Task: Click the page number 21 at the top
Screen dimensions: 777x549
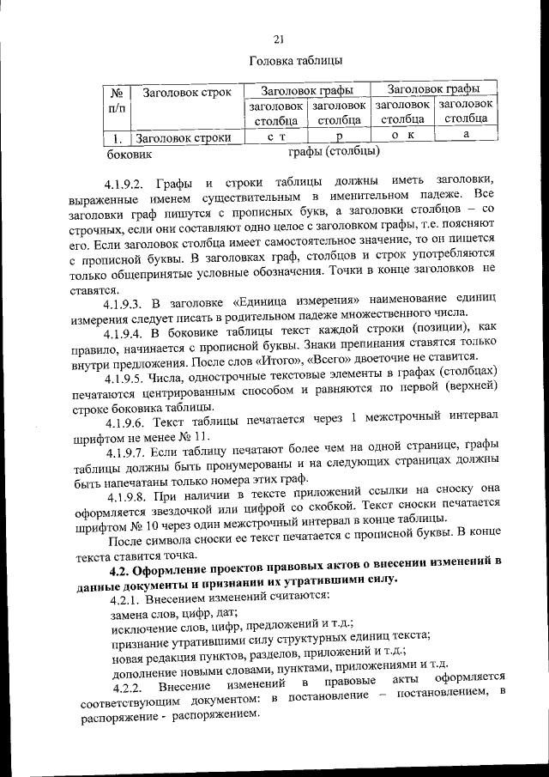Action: [279, 39]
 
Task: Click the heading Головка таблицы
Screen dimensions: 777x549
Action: [296, 62]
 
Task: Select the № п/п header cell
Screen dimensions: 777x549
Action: [117, 100]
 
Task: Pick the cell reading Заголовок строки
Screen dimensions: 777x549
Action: [184, 137]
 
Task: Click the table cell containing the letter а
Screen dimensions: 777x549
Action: [466, 135]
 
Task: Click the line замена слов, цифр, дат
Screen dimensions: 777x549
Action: [174, 615]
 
